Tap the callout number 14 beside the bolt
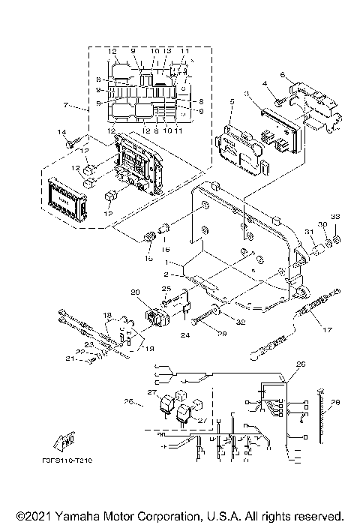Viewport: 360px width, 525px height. pyautogui.click(x=64, y=132)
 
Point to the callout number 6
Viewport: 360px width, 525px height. pyautogui.click(x=282, y=75)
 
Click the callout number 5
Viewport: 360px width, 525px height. pyautogui.click(x=232, y=100)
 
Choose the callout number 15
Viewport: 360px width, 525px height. pyautogui.click(x=148, y=257)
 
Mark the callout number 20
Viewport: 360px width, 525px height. pyautogui.click(x=135, y=292)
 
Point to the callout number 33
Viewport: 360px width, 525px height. pyautogui.click(x=335, y=217)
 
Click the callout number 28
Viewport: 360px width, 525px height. pyautogui.click(x=335, y=403)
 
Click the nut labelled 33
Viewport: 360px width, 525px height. pyautogui.click(x=337, y=239)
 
